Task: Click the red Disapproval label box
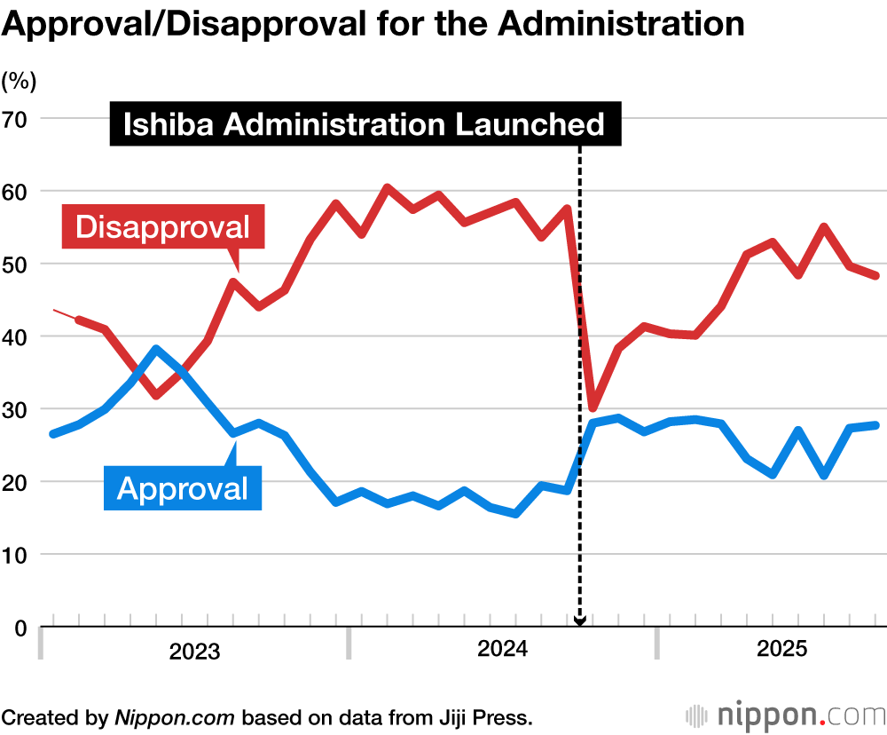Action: click(162, 226)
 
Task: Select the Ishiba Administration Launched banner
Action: click(364, 124)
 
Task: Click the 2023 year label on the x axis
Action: click(194, 652)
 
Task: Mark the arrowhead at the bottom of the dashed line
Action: click(579, 620)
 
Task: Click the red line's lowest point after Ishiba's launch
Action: click(593, 407)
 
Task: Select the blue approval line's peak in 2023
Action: click(156, 349)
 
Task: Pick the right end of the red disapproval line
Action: click(876, 276)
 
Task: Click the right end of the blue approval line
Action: click(876, 425)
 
